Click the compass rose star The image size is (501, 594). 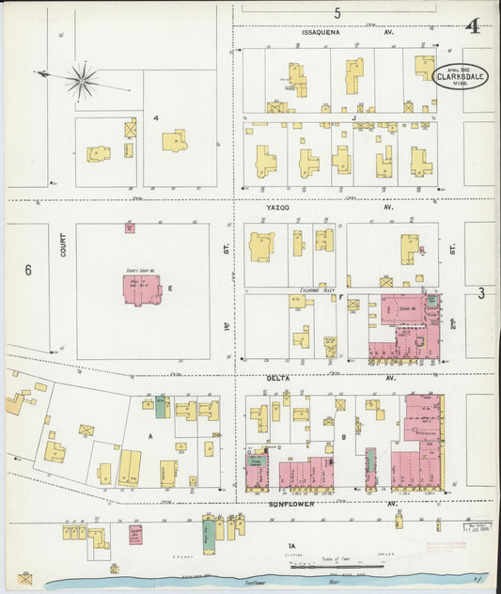point(82,81)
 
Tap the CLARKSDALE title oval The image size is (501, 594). point(461,75)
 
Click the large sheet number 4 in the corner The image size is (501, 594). point(474,25)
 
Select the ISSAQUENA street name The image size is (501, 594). point(321,31)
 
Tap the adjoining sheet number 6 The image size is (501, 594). point(28,270)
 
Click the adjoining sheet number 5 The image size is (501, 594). point(337,12)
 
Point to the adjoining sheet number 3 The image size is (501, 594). point(480,294)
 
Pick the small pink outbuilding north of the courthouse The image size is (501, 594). point(130,227)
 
